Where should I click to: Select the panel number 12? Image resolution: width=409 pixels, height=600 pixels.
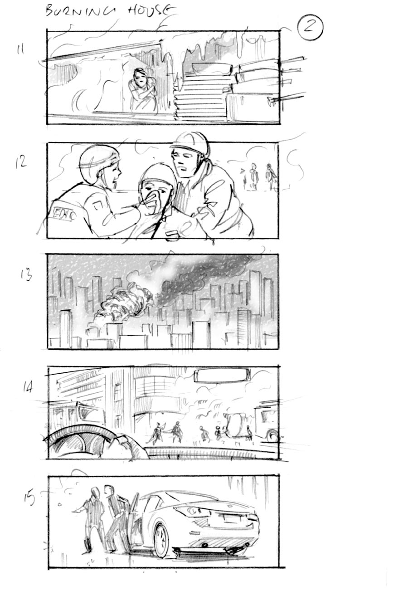(21, 162)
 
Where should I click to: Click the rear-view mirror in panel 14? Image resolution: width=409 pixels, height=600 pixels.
(222, 376)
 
